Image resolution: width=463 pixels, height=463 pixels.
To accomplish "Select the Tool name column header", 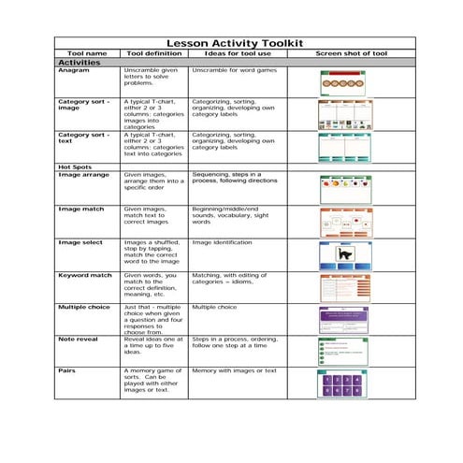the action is click(x=88, y=53).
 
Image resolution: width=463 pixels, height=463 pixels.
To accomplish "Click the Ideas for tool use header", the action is click(x=237, y=53).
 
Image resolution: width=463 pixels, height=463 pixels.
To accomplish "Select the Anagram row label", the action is click(x=74, y=70).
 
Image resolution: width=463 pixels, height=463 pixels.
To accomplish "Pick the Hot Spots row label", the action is click(x=76, y=166).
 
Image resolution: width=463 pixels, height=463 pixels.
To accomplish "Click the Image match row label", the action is click(x=81, y=209).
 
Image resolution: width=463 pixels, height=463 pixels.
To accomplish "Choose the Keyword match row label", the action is click(x=85, y=276).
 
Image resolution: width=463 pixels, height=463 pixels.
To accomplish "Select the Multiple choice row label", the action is click(x=85, y=307).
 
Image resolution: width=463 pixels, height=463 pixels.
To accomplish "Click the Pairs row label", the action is click(x=66, y=370).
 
